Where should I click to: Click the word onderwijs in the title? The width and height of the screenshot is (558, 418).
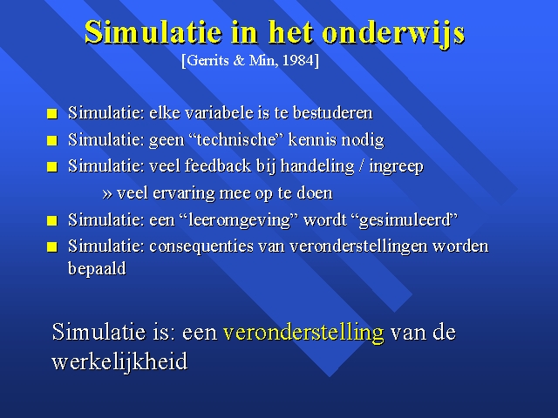393,34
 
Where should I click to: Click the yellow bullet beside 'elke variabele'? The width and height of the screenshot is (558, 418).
52,114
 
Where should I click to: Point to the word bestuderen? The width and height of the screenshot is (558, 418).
333,112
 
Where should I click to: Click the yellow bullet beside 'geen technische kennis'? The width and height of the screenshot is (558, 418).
52,140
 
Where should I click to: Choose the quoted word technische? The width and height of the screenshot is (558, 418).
236,139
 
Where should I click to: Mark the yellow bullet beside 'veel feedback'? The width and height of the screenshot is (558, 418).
52,166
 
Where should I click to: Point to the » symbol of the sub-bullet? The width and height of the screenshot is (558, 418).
107,194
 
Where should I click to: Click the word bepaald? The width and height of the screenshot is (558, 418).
97,268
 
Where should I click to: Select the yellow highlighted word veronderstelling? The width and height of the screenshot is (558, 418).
303,333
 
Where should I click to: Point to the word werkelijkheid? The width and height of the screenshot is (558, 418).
119,361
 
